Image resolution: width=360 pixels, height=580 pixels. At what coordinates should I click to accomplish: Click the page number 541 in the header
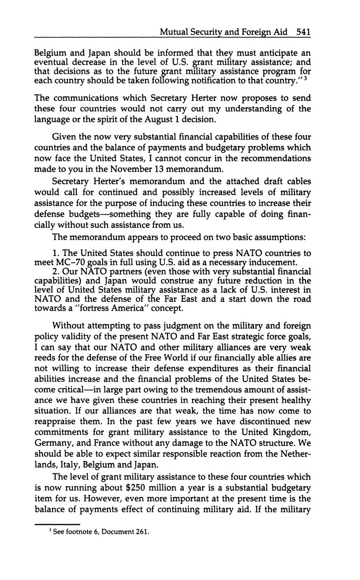tap(303, 32)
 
